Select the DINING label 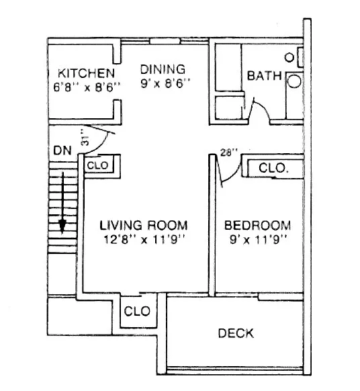pyautogui.click(x=162, y=69)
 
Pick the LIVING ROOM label pyautogui.click(x=143, y=225)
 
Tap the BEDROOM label pyautogui.click(x=257, y=225)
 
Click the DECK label pyautogui.click(x=236, y=333)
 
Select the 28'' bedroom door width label pyautogui.click(x=228, y=153)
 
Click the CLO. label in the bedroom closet pyautogui.click(x=274, y=167)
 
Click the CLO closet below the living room pyautogui.click(x=136, y=312)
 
